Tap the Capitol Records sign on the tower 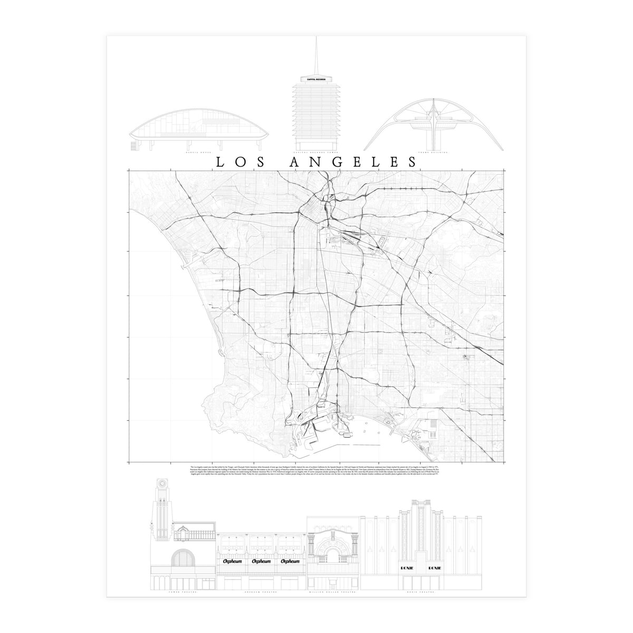click(x=316, y=79)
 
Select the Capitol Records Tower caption click(x=316, y=153)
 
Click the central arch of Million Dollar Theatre click(x=334, y=554)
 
